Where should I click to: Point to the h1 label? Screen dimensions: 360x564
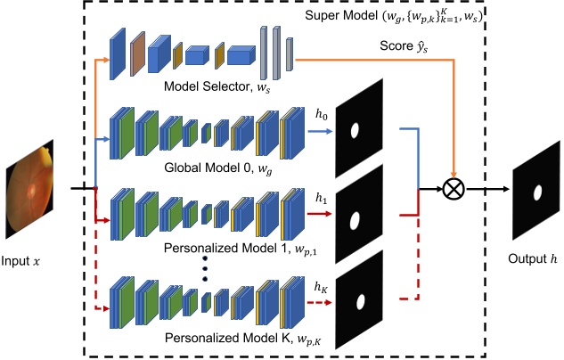(x=321, y=198)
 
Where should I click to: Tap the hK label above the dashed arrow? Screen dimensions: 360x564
(x=321, y=286)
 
